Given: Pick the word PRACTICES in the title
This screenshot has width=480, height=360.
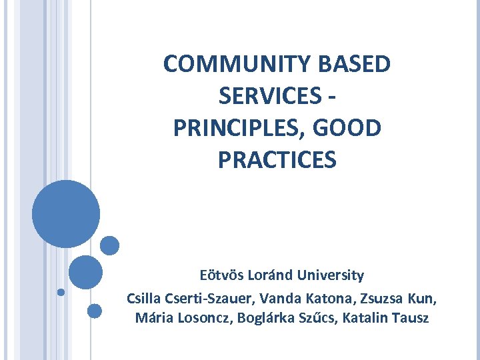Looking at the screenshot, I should click(277, 160).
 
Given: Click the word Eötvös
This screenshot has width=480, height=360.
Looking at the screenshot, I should click(222, 275).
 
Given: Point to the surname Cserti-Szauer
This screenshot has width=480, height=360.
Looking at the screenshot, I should click(207, 297).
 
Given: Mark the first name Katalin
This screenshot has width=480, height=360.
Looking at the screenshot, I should click(367, 318).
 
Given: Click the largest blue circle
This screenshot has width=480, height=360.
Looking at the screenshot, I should click(66, 214).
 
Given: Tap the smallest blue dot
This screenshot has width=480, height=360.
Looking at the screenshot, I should click(61, 292).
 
